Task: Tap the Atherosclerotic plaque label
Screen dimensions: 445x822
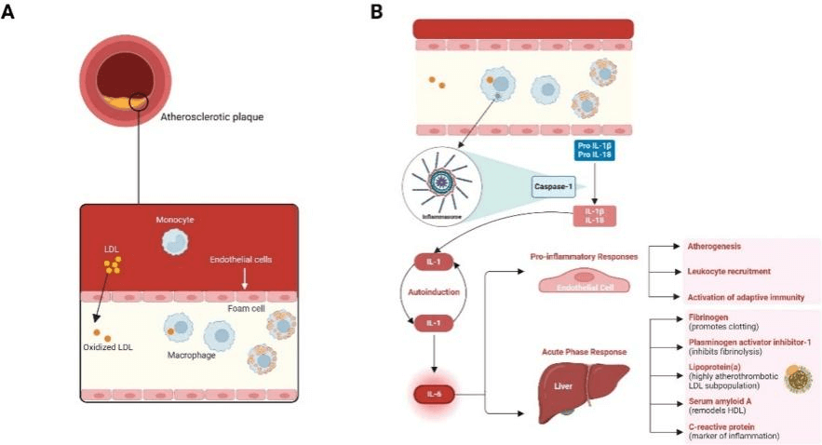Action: coord(213,118)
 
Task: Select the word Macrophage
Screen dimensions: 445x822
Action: coord(195,355)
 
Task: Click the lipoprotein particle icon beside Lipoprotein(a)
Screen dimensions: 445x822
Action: coord(798,378)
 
